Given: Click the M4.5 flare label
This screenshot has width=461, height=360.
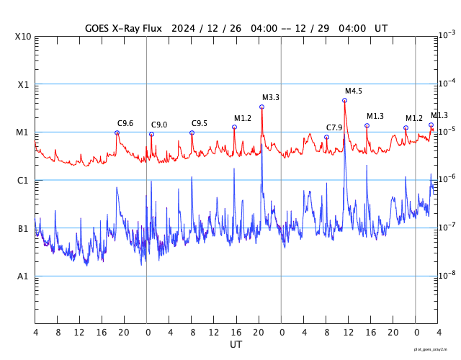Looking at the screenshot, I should (354, 91).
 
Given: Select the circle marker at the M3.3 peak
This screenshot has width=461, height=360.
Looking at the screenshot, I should (261, 107).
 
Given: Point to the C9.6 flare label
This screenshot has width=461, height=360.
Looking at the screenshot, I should (125, 123).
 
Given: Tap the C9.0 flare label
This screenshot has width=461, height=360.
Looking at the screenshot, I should (159, 125).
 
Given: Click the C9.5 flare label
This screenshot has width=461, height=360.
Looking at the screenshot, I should (200, 123).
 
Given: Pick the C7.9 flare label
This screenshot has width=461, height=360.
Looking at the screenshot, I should (334, 127).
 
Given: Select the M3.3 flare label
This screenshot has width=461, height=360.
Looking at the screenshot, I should (271, 97).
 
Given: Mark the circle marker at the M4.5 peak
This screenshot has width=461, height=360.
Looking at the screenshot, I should (344, 100).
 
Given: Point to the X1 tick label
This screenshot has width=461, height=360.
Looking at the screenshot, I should (23, 84).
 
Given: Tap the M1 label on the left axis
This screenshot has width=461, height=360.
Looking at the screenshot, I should (23, 132).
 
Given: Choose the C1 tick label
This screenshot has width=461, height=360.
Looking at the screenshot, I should (23, 180).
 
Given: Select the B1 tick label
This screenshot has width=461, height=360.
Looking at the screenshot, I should (23, 228).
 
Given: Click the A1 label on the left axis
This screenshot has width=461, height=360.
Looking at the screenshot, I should (23, 276).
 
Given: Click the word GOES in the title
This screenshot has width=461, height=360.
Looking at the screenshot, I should (99, 28).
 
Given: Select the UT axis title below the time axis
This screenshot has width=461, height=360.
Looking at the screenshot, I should (236, 344).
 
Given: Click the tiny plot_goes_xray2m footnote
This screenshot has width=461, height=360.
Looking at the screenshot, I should (436, 348).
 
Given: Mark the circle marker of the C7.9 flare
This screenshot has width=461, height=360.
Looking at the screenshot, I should (326, 137).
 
